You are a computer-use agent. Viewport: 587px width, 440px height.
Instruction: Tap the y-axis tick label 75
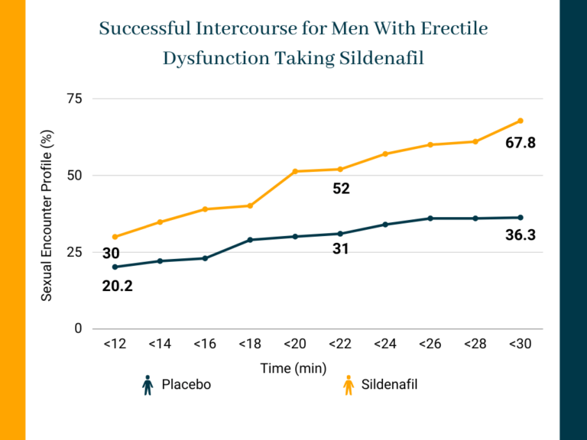[74, 99]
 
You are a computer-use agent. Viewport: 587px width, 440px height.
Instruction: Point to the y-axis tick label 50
[74, 176]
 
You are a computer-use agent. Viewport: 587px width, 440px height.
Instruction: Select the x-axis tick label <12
[115, 345]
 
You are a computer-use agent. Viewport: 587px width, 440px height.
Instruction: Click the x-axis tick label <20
[295, 345]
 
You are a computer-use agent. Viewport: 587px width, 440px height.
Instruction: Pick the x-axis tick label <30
[521, 345]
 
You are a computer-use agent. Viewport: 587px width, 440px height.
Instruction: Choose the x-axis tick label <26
[430, 345]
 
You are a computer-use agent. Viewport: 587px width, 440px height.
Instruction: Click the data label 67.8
[521, 143]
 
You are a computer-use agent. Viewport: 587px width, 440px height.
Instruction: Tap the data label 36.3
[521, 236]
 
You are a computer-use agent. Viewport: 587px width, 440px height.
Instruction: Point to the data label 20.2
[117, 287]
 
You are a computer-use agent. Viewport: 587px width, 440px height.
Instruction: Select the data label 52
[341, 189]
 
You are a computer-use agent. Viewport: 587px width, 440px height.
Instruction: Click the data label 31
[341, 249]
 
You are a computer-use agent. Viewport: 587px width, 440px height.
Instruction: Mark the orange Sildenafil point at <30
[521, 121]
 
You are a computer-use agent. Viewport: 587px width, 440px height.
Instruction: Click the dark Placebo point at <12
[115, 267]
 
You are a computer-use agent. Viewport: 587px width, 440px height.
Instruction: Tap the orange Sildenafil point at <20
[295, 171]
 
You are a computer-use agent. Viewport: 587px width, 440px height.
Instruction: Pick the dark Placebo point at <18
[250, 240]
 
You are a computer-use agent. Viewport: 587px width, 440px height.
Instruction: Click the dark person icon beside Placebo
[148, 386]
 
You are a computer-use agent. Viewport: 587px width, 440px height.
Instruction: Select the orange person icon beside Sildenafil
[348, 386]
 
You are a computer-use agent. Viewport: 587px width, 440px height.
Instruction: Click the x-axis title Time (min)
[293, 368]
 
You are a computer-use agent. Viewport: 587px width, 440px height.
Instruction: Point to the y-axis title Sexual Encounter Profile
[47, 215]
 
